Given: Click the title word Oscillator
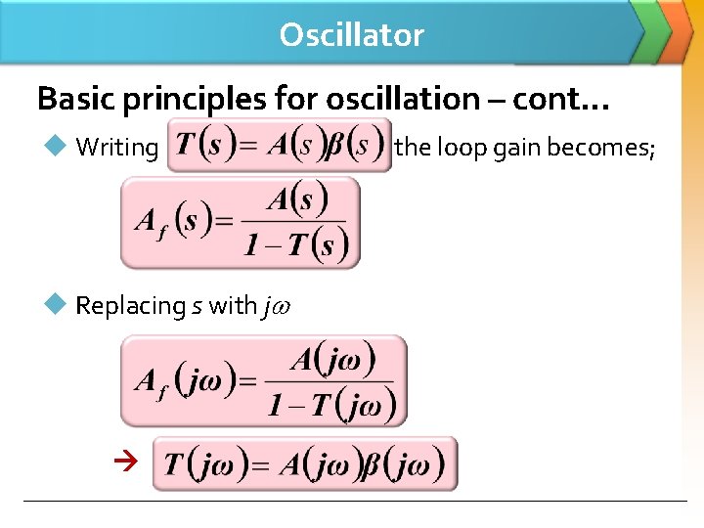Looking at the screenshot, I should tap(351, 35).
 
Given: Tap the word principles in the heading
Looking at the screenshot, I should tap(177, 99).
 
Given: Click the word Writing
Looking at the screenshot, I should tap(116, 148).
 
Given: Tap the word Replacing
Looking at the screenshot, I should tap(130, 306).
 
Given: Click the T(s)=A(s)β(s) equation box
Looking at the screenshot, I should tap(279, 146).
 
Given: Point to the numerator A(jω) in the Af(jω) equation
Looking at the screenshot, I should tap(332, 360).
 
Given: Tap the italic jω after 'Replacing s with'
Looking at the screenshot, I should tap(276, 306).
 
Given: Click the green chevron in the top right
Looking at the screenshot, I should tap(646, 29).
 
